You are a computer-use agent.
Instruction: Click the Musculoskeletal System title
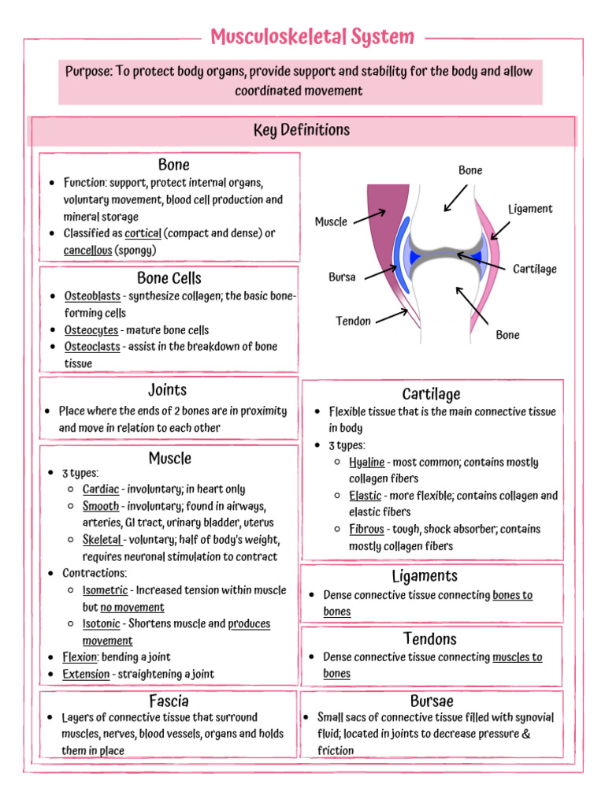click(313, 36)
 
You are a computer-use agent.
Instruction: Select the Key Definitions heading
click(302, 130)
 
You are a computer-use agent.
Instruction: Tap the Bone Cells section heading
click(169, 278)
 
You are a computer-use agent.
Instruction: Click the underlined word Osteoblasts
click(92, 296)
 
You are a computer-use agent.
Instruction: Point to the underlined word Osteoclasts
click(92, 347)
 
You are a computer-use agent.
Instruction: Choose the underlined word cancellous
click(87, 251)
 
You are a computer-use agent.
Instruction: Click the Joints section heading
click(168, 389)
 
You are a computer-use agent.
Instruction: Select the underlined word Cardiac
click(101, 489)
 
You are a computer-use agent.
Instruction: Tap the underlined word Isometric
click(106, 590)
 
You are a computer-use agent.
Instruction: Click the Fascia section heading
click(169, 701)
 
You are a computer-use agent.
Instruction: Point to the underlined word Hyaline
click(367, 463)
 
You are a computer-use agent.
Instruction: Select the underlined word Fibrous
click(366, 530)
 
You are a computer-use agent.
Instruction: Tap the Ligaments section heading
click(429, 576)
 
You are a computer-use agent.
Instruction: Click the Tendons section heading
click(429, 638)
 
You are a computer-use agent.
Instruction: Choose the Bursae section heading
click(432, 701)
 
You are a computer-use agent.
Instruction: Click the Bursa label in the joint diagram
click(342, 277)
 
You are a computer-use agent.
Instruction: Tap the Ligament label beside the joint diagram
click(530, 209)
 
